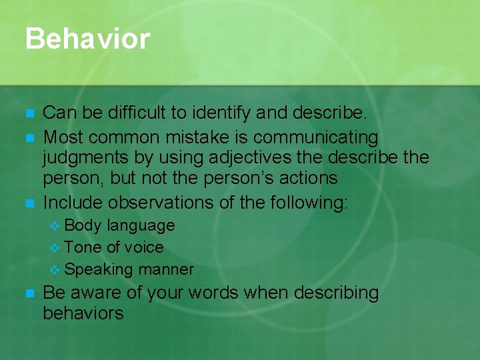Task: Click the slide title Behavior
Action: click(87, 39)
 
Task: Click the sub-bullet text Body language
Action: click(120, 225)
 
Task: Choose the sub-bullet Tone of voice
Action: click(114, 247)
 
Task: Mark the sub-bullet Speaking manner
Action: click(129, 269)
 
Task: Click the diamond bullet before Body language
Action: click(55, 226)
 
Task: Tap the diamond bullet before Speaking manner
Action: click(55, 270)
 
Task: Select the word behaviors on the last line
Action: click(83, 313)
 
